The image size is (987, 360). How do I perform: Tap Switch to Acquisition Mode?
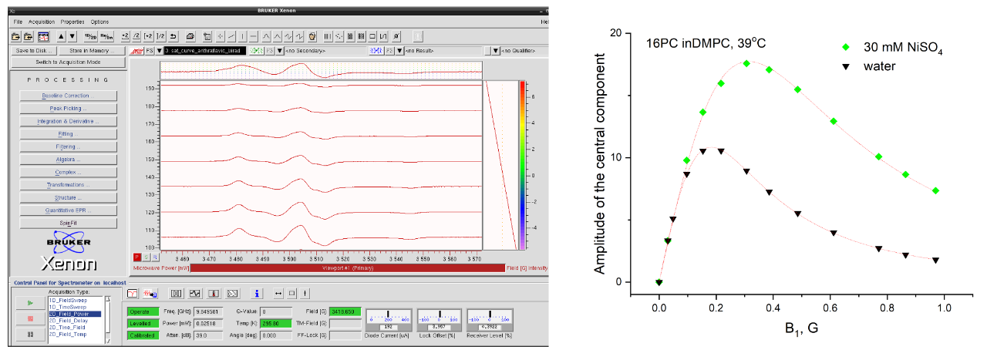(x=68, y=62)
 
